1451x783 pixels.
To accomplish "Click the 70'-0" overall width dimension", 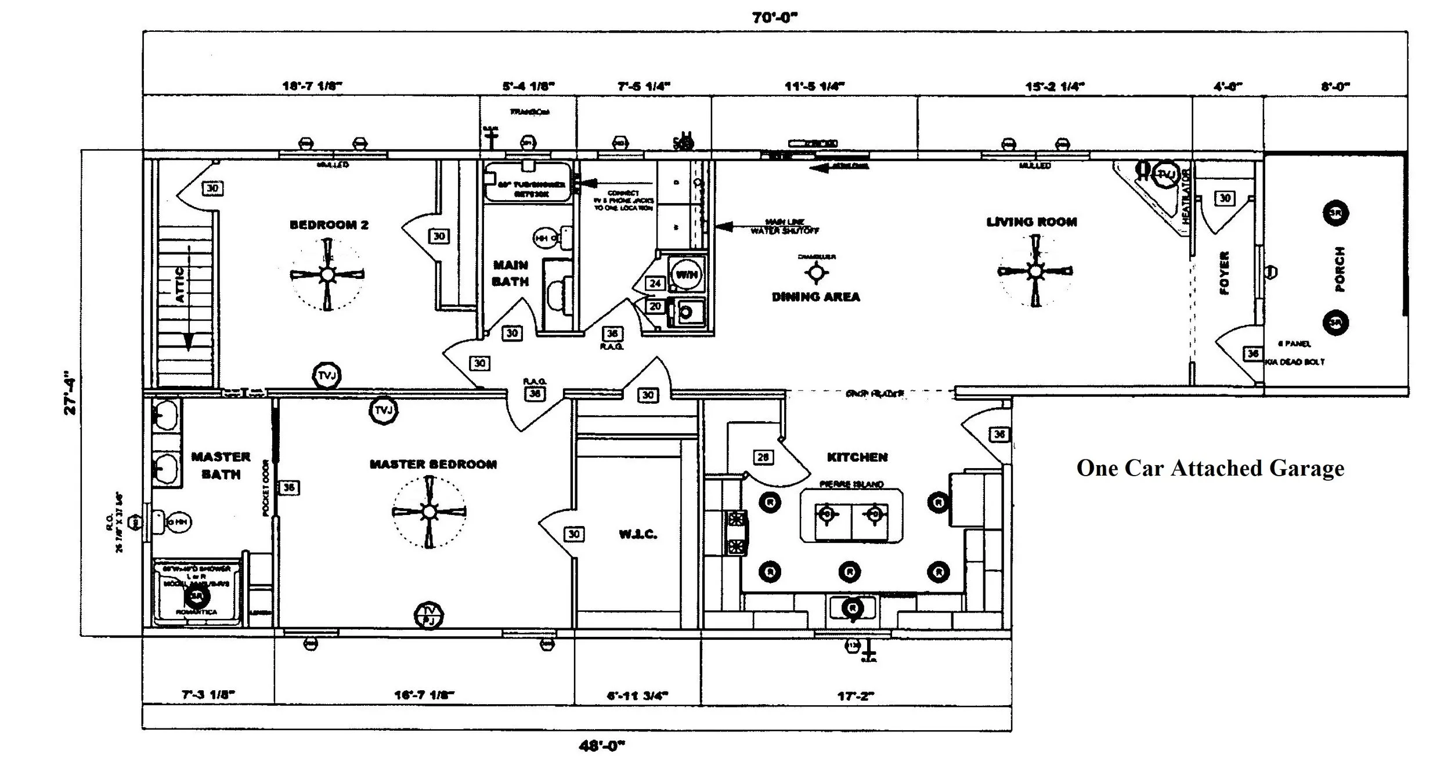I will pos(775,17).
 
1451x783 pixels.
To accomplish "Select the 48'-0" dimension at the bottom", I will pos(601,746).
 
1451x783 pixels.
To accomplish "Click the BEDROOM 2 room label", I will pos(329,225).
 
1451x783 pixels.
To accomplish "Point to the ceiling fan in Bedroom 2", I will pos(327,274).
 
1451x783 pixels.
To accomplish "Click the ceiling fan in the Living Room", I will pos(1035,271).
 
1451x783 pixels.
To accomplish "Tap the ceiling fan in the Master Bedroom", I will pos(428,512).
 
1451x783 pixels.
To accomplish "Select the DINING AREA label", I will pos(815,297).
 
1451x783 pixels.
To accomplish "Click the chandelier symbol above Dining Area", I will pos(816,271).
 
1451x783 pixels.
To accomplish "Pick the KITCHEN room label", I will pos(857,457).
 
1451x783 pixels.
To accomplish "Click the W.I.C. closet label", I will pos(638,534).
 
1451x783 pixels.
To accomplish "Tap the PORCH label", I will pos(1340,269).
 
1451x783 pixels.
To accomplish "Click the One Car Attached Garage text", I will pos(1210,468).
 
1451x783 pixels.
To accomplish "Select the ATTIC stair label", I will pos(180,284).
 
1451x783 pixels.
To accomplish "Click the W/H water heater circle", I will pos(687,274).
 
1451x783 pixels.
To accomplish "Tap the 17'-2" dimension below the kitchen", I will pos(856,696).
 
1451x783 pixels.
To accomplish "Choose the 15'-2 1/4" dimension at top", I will pos(1055,87).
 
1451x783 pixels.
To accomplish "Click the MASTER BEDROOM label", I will pos(433,465).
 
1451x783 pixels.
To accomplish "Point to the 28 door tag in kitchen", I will pos(763,457).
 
